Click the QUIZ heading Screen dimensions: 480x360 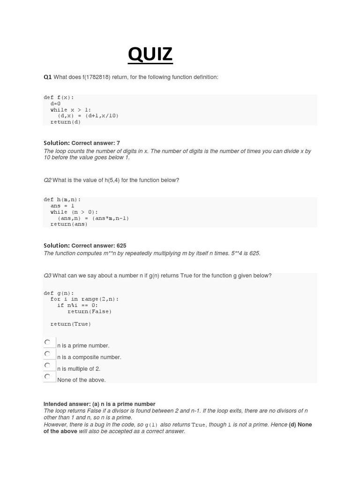150,54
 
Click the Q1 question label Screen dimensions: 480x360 47,77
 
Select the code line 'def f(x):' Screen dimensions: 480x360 59,97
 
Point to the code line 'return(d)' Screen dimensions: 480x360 66,122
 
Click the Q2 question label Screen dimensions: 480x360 47,180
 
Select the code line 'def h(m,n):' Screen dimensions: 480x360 62,200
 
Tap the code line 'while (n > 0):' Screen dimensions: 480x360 74,212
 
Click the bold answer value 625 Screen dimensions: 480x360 121,246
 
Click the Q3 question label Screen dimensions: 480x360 47,276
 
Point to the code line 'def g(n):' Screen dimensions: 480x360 59,293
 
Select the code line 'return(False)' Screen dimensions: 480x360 90,311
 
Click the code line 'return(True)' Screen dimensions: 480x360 71,324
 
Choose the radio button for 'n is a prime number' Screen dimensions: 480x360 47,343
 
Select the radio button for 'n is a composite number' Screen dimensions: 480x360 47,354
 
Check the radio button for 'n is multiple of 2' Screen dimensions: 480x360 47,366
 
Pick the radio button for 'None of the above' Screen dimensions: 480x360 47,377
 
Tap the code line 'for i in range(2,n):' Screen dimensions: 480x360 84,299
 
